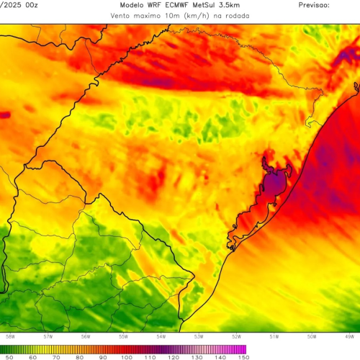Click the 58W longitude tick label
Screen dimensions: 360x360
coord(10,336)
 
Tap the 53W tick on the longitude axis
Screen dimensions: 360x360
coord(198,336)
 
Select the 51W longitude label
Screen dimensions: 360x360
coord(274,336)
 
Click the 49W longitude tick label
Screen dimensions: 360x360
coord(348,336)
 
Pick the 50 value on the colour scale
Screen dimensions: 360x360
coord(9,356)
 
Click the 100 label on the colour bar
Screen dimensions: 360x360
coord(127,356)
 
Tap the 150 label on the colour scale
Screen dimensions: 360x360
coord(243,356)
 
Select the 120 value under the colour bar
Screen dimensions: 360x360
coord(174,356)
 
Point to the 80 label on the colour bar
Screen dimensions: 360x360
coord(80,356)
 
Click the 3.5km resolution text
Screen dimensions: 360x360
coord(243,4)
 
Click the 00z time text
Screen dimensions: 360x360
coord(30,4)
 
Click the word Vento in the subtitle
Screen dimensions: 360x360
coord(123,14)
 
